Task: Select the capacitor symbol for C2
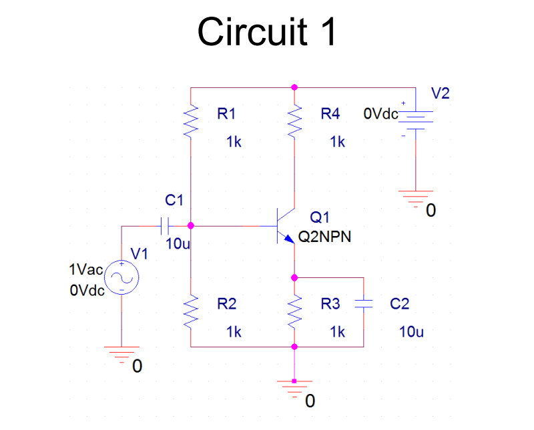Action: tap(363, 304)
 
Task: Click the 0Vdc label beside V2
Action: tap(380, 113)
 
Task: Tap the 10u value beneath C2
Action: tap(411, 331)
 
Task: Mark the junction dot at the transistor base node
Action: tap(191, 225)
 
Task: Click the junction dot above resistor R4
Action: tap(294, 87)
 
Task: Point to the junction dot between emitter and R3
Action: tap(294, 277)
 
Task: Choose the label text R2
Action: tap(227, 304)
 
